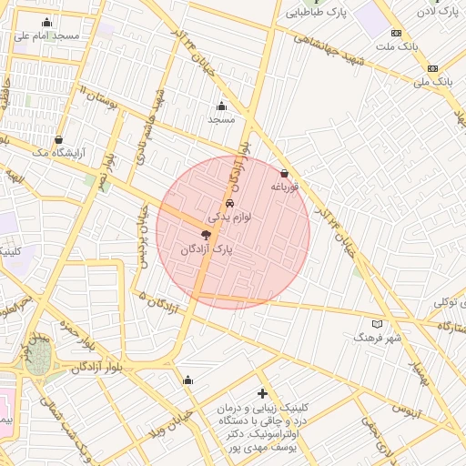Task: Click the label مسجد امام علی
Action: [x=47, y=35]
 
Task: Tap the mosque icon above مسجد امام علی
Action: [x=47, y=22]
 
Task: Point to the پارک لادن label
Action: [x=438, y=12]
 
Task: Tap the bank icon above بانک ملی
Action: [x=432, y=68]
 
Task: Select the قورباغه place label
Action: [x=284, y=187]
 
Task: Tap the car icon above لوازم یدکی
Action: [x=229, y=203]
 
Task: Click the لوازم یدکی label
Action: [x=229, y=218]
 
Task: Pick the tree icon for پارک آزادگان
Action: [x=207, y=235]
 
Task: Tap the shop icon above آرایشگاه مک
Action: [x=59, y=140]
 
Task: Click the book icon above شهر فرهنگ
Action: [x=378, y=323]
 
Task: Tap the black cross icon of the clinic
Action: [x=263, y=393]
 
